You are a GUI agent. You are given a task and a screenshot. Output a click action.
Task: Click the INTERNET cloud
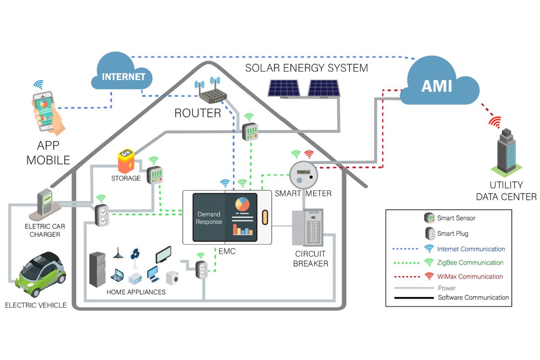(122, 74)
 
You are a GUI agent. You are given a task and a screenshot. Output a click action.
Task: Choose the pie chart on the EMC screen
(242, 204)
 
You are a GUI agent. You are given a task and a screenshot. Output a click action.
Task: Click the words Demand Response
(208, 218)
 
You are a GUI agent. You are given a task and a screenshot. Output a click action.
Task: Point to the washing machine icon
(173, 278)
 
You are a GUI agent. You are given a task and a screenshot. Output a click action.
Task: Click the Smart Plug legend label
(453, 234)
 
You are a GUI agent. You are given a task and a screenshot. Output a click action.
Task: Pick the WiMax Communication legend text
(470, 276)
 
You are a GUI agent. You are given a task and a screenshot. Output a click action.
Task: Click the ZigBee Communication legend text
(470, 262)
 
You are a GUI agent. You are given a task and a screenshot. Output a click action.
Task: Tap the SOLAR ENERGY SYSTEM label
(306, 68)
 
